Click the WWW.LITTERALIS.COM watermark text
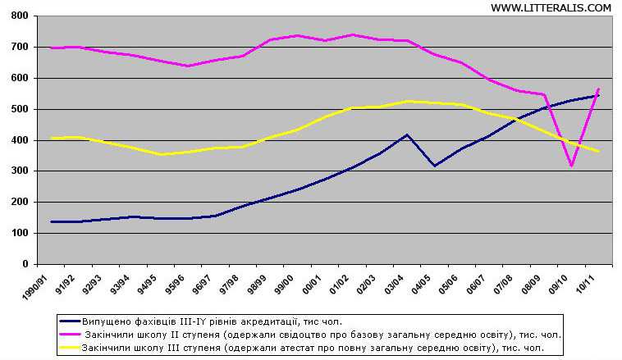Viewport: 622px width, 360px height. click(x=551, y=7)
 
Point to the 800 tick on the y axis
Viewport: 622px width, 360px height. click(x=20, y=16)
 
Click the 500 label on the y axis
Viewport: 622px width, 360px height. click(x=20, y=109)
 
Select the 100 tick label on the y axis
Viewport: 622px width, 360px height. click(x=20, y=234)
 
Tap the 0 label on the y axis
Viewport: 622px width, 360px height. click(x=25, y=265)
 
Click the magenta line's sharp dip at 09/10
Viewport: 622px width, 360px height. click(x=572, y=166)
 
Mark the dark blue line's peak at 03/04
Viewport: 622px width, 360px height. click(x=408, y=134)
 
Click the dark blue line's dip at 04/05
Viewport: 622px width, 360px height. click(x=434, y=166)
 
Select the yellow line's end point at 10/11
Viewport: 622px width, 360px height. click(x=598, y=151)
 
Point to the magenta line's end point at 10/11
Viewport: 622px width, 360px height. click(x=599, y=89)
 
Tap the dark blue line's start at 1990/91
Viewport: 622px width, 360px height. click(x=52, y=221)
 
